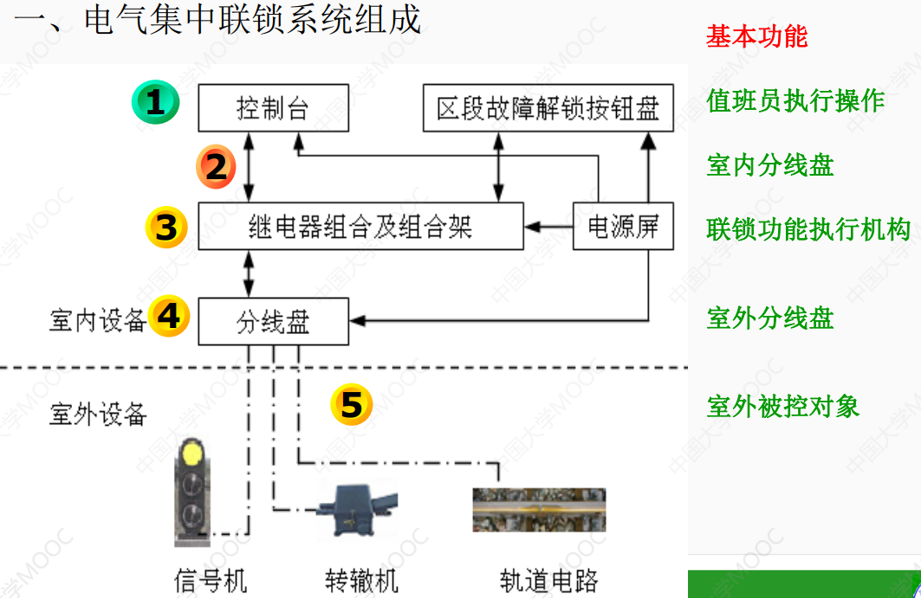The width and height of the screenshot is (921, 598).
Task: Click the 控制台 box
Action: coord(273,108)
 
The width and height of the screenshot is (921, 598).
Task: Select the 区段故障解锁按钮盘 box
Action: coord(548,108)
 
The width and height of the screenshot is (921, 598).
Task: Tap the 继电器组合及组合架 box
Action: coord(360,227)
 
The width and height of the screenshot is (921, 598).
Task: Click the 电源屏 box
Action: coord(624,227)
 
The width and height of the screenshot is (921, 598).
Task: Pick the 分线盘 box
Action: coord(273,321)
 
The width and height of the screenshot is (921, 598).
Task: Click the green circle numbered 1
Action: coord(154,103)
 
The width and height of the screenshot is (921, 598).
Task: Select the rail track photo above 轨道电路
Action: coord(538,510)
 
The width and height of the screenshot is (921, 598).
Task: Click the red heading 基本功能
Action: coord(756,36)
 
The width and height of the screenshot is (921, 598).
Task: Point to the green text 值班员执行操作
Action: coord(795,101)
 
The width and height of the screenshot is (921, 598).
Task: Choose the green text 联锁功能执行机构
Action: coord(808,229)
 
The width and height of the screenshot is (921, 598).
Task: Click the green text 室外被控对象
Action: coord(782,406)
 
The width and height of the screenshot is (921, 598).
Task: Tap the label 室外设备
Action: coord(98,415)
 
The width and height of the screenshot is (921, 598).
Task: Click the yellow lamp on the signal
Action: coord(191,453)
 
